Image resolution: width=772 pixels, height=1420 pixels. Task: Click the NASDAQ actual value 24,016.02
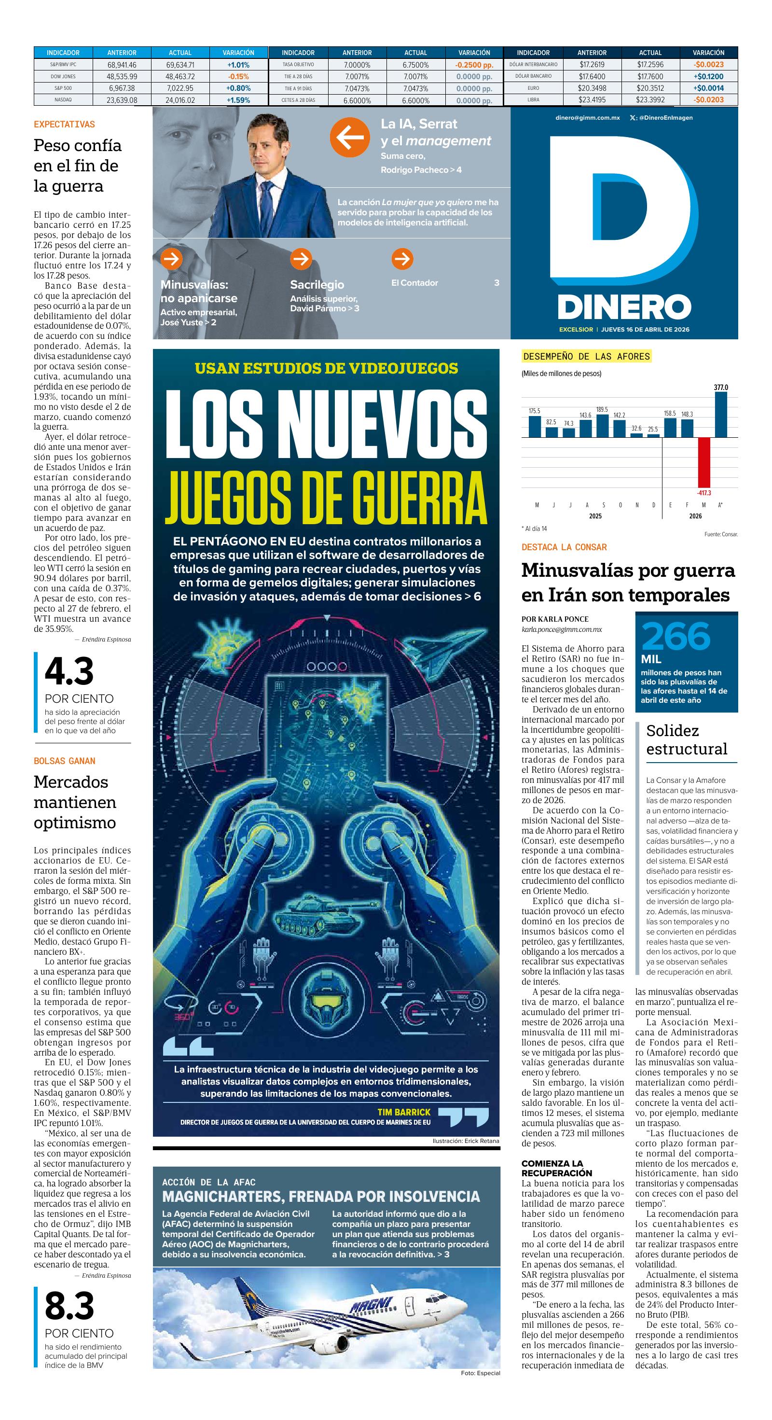click(179, 100)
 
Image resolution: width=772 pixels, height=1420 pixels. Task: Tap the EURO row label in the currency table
click(533, 88)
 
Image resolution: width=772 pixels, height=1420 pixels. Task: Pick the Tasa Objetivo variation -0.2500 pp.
click(474, 65)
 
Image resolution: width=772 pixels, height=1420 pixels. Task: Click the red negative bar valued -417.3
click(703, 462)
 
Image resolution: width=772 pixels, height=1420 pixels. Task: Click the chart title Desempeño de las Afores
click(586, 357)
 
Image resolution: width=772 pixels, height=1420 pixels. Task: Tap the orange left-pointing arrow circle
click(349, 137)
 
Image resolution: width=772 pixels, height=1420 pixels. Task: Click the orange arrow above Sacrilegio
click(301, 259)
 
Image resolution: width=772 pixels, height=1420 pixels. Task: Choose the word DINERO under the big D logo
click(624, 307)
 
